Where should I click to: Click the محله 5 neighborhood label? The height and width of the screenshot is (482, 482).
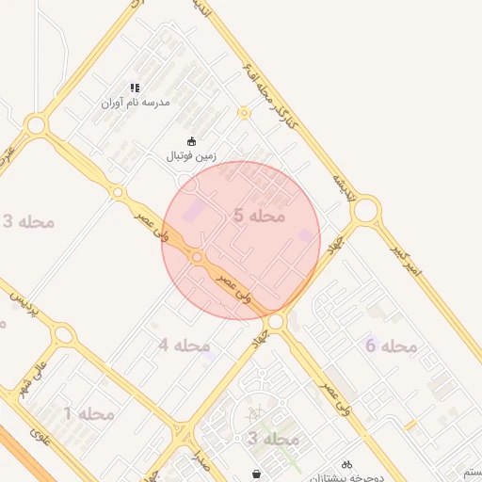click(258, 216)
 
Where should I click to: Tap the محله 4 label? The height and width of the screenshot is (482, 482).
click(184, 345)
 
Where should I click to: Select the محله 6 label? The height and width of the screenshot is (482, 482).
click(391, 346)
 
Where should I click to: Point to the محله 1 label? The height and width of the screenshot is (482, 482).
click(88, 413)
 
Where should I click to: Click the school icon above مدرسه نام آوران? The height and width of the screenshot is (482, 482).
click(136, 88)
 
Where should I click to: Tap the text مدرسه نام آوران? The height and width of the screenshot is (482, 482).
click(136, 102)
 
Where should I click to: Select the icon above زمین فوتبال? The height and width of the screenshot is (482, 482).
click(192, 141)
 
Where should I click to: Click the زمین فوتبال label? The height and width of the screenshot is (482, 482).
click(192, 155)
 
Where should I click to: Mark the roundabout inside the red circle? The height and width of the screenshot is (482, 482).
click(198, 257)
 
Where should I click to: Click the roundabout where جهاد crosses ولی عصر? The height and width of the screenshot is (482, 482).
click(275, 322)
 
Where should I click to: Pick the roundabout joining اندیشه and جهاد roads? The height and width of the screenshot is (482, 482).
click(364, 210)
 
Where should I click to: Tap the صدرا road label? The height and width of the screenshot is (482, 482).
click(199, 460)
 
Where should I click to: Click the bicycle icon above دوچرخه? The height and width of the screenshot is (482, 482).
click(346, 464)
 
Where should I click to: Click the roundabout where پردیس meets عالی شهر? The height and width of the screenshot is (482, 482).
click(62, 333)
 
